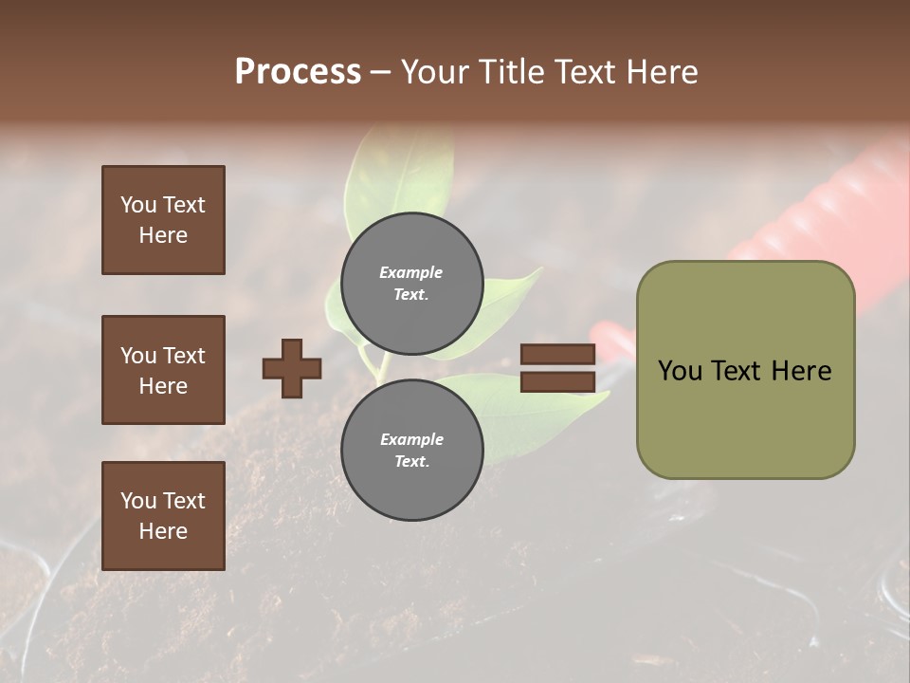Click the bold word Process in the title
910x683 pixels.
tap(298, 71)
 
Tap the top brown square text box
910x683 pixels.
tap(163, 220)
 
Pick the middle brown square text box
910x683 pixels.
tap(163, 370)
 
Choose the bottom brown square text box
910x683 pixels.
tap(163, 516)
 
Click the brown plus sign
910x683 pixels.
tap(292, 368)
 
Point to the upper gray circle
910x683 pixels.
tap(411, 283)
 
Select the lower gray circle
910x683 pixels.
tap(411, 450)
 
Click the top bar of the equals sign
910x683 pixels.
tap(557, 355)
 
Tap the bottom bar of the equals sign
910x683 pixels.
tap(557, 381)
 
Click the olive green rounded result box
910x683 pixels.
tap(745, 370)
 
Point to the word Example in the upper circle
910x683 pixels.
tap(410, 272)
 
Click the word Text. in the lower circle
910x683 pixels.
tap(410, 462)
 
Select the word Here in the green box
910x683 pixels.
tap(800, 371)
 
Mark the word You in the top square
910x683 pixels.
tap(137, 205)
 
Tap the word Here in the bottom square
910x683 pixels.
tap(163, 531)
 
